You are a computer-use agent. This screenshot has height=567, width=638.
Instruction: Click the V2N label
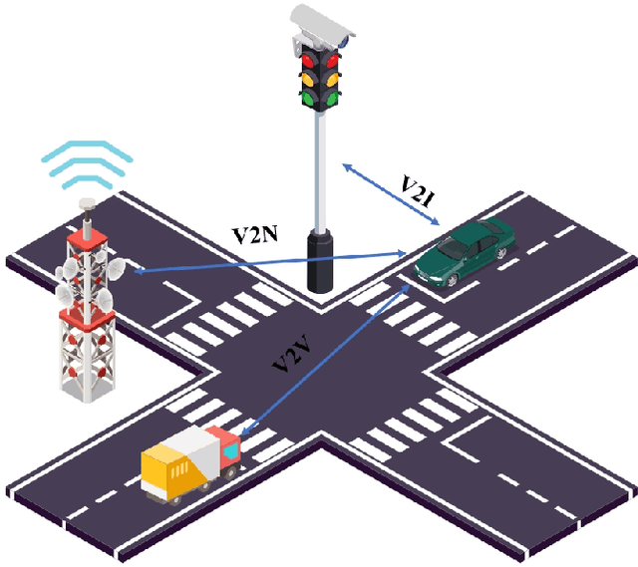coord(256,236)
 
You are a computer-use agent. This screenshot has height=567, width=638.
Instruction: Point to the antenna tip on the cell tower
coord(87,203)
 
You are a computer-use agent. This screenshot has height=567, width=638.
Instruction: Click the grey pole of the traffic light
coord(320,169)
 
